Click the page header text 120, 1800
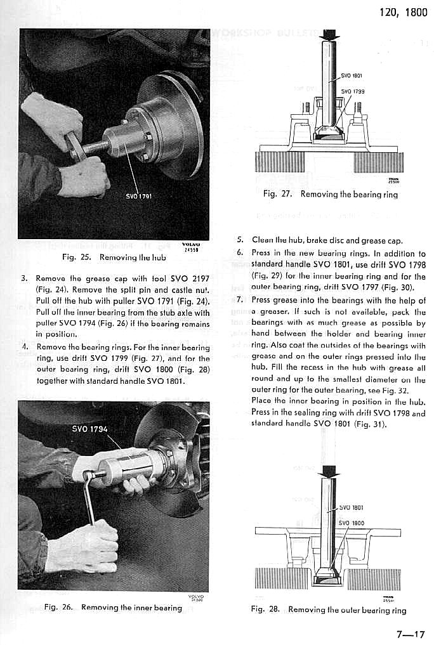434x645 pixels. (404, 13)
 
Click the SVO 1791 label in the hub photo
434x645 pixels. (139, 196)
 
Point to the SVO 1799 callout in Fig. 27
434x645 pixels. (353, 91)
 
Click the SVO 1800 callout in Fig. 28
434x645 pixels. (352, 523)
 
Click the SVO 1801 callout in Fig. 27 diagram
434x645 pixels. (352, 75)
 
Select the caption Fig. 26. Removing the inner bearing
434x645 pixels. (113, 608)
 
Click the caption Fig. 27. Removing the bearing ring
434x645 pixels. (330, 194)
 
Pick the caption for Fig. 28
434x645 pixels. (328, 610)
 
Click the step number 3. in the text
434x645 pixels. (24, 278)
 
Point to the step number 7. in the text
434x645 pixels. (239, 300)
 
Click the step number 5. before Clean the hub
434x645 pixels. (239, 240)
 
